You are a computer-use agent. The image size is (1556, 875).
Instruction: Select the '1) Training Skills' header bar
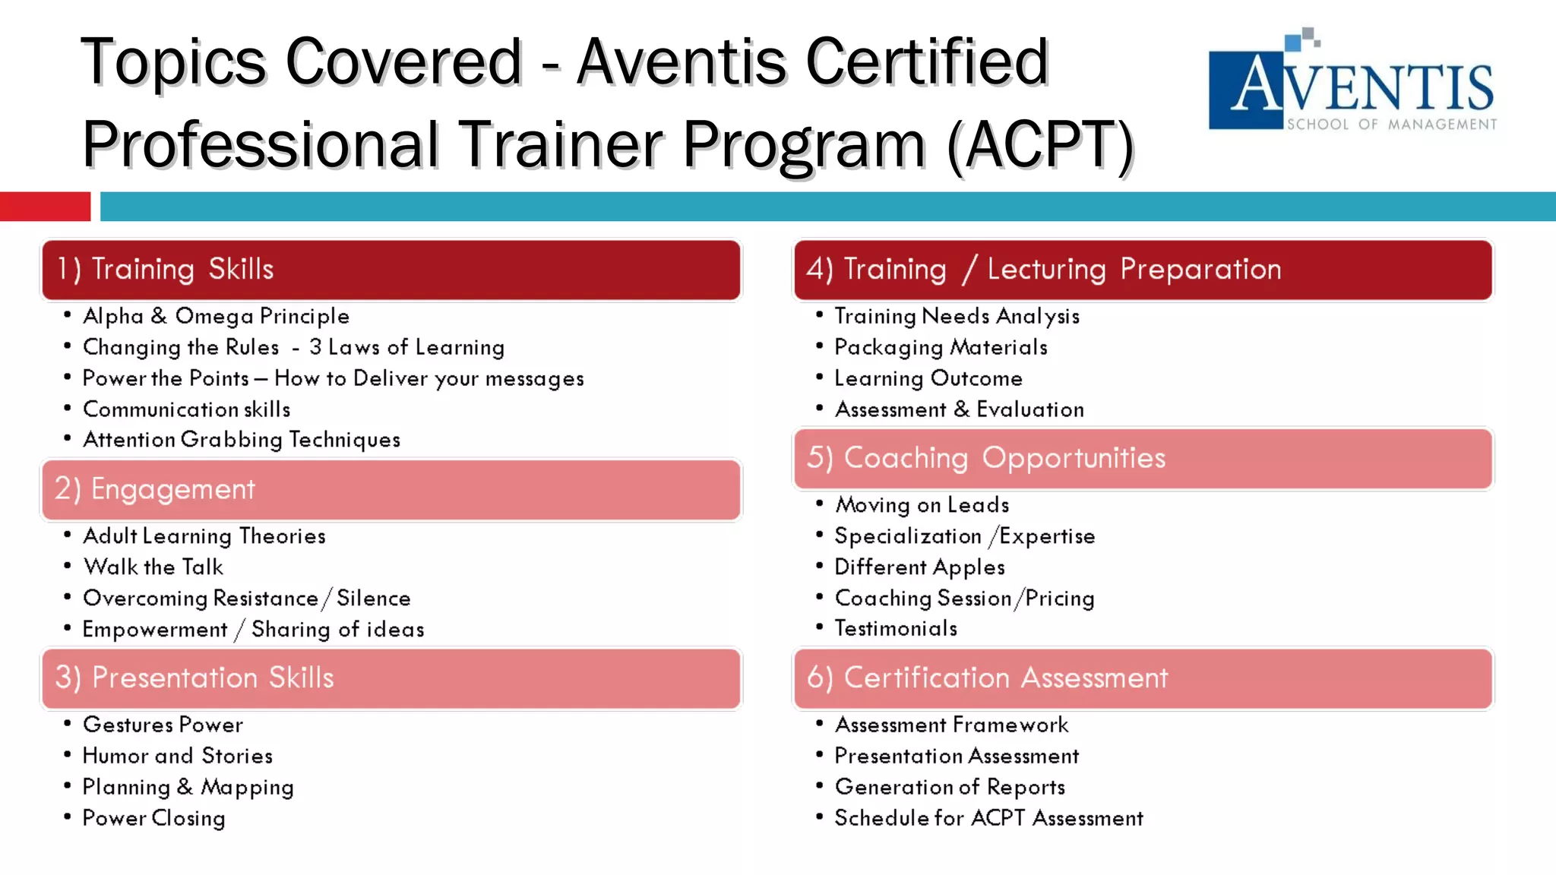coord(391,270)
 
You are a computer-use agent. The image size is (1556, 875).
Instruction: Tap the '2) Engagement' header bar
coord(391,490)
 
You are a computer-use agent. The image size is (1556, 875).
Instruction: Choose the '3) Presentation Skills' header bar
coord(391,678)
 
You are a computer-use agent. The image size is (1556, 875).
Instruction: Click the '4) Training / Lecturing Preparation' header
coord(1143,270)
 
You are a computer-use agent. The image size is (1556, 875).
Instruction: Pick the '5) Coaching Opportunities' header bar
coord(1143,459)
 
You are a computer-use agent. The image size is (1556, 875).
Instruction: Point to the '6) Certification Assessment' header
coord(1143,678)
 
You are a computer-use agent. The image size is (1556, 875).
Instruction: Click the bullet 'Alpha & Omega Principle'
coord(216,316)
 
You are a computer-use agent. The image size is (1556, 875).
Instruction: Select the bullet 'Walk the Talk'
coord(153,567)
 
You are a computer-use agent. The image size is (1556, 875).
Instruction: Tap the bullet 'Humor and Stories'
coord(177,757)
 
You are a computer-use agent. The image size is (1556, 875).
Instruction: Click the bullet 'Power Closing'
coord(153,819)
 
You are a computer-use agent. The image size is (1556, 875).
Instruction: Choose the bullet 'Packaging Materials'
coord(941,348)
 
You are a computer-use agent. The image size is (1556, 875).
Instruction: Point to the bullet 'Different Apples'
coord(919,567)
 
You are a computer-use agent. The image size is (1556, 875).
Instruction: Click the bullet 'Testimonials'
coord(896,629)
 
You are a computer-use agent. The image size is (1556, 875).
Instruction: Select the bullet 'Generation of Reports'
coord(950,788)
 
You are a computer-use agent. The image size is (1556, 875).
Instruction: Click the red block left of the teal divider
coord(45,207)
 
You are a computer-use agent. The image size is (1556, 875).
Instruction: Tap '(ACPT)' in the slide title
coord(1040,144)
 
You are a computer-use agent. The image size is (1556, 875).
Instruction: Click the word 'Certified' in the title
coord(927,62)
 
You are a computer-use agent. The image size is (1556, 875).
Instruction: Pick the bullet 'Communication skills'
coord(186,410)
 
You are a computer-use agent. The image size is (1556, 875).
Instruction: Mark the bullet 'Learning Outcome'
coord(928,379)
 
